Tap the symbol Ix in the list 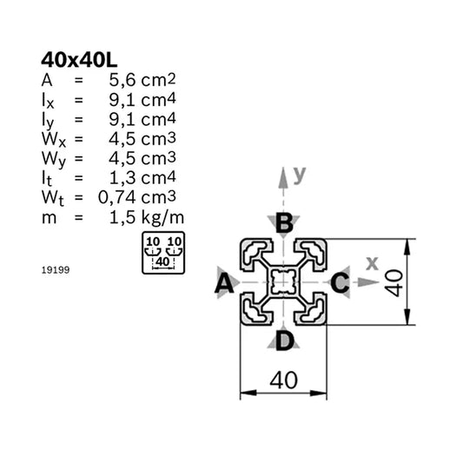(x=48, y=100)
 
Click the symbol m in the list (x=49, y=216)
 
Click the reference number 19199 (x=55, y=270)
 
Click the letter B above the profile (x=283, y=223)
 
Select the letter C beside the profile (x=341, y=282)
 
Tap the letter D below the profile (x=283, y=341)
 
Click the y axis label (x=299, y=175)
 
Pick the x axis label (x=372, y=262)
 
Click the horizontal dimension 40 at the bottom (x=283, y=380)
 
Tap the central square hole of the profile (x=283, y=281)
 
